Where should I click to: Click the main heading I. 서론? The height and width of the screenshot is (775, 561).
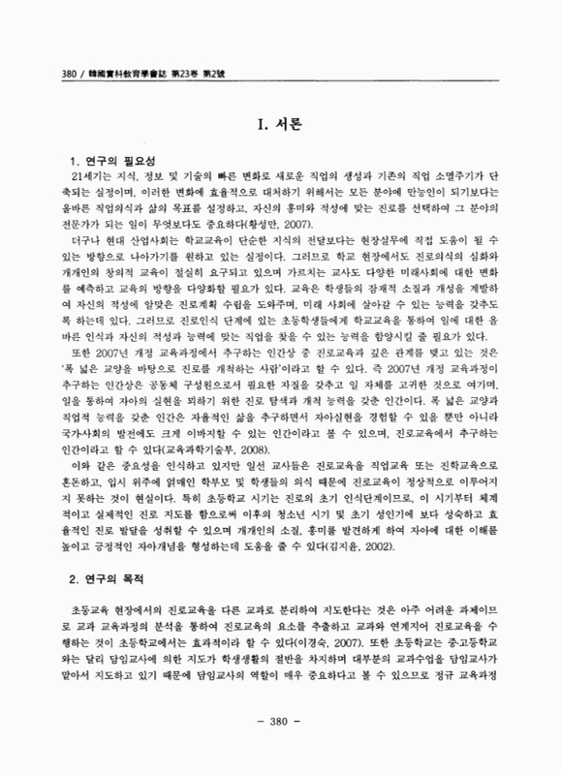click(x=280, y=124)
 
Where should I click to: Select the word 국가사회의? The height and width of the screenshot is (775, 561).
click(x=83, y=406)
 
